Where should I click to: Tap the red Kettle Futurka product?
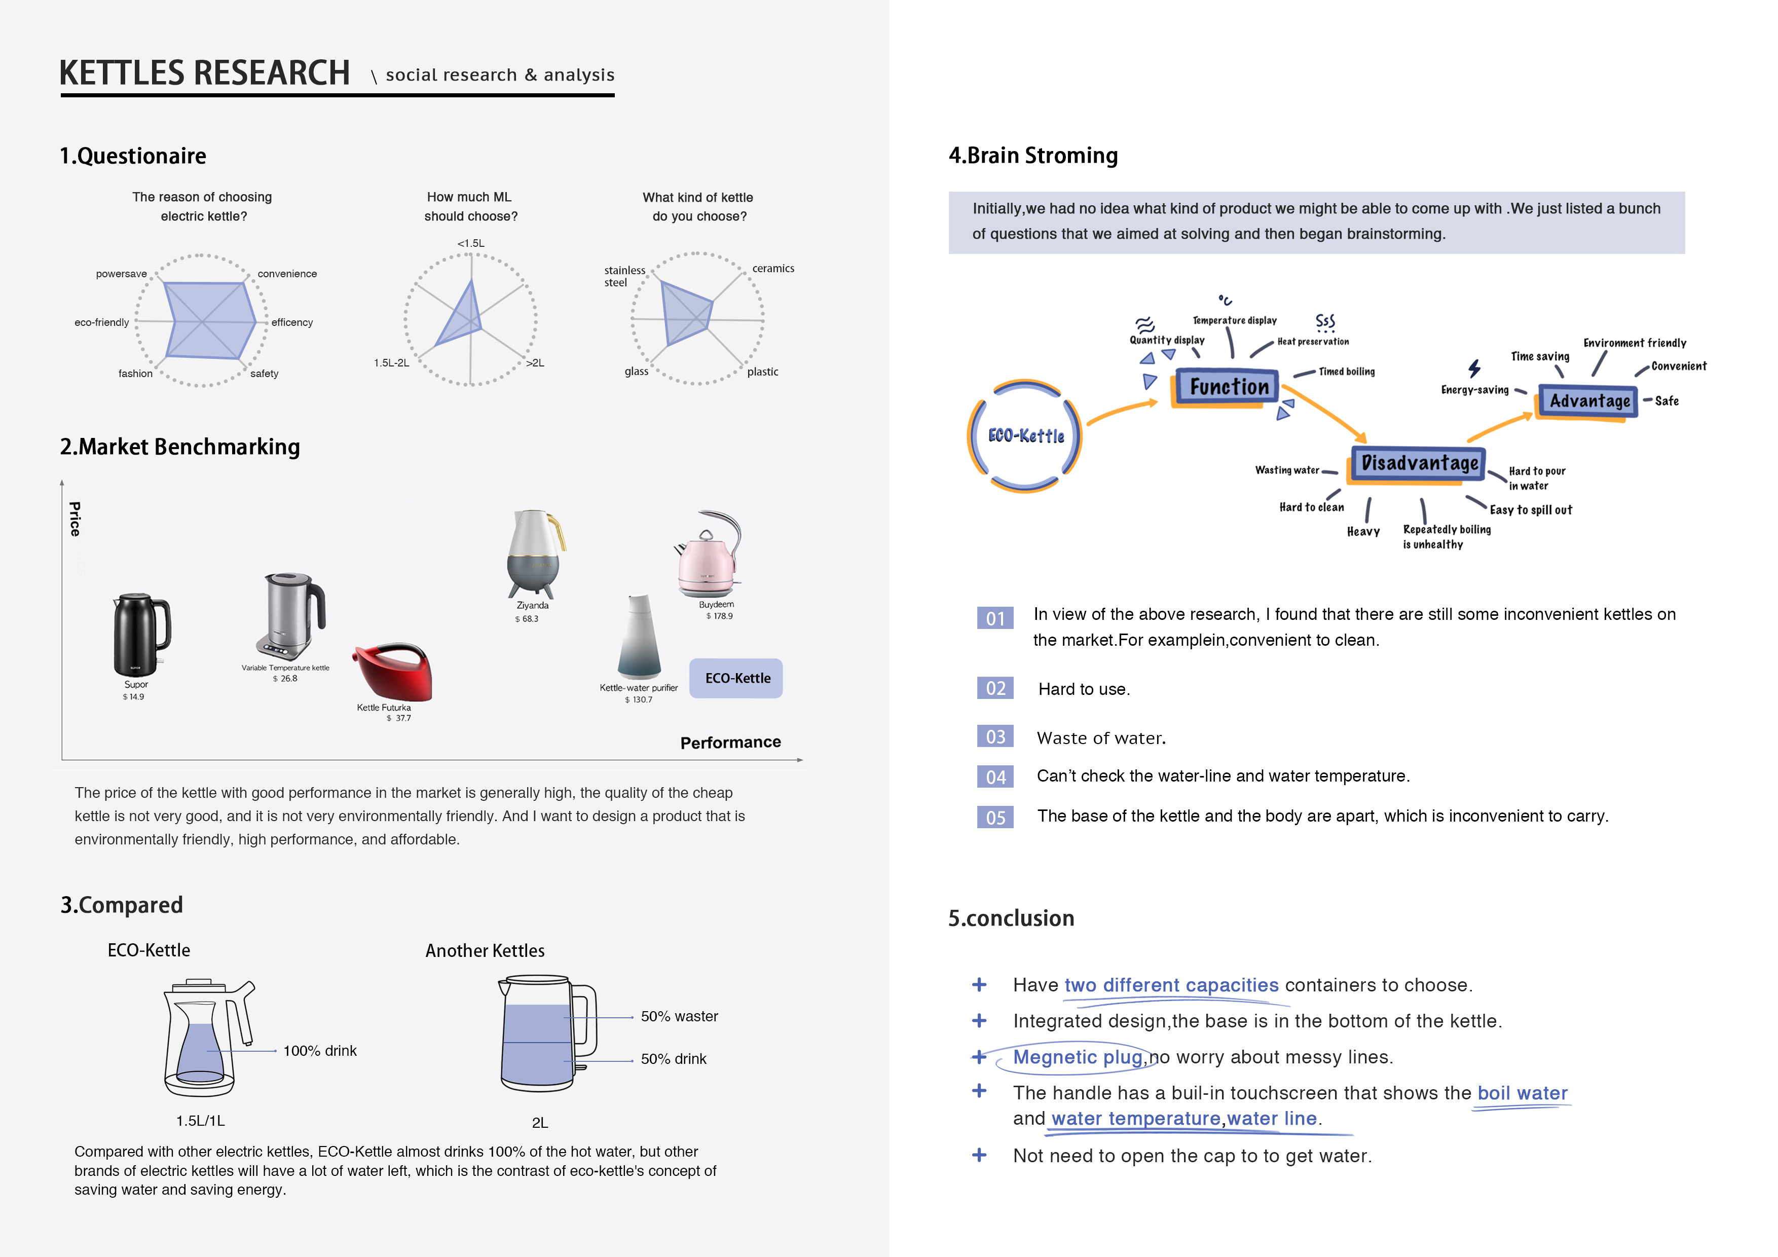[393, 672]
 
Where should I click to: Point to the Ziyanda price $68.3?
[527, 619]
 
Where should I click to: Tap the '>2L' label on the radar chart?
[535, 362]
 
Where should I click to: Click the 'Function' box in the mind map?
[1228, 386]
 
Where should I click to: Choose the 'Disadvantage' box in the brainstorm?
[1419, 463]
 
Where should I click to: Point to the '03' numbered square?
[995, 736]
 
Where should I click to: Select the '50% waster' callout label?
[679, 1016]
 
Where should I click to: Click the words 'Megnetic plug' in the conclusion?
[1077, 1057]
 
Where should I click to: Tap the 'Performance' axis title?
[730, 742]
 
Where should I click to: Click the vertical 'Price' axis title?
[75, 519]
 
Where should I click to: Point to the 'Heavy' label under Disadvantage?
[1363, 531]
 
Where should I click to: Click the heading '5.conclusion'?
[1011, 918]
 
